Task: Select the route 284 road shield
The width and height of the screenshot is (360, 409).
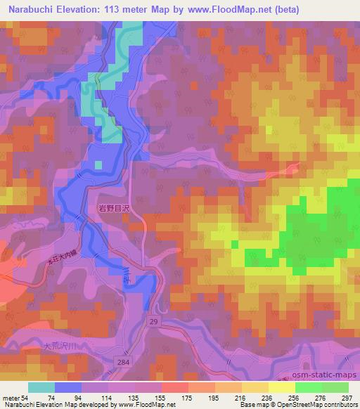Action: pos(125,359)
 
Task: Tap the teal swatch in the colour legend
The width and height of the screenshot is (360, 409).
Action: pos(42,387)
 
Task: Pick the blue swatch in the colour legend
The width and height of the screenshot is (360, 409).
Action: pos(69,387)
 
